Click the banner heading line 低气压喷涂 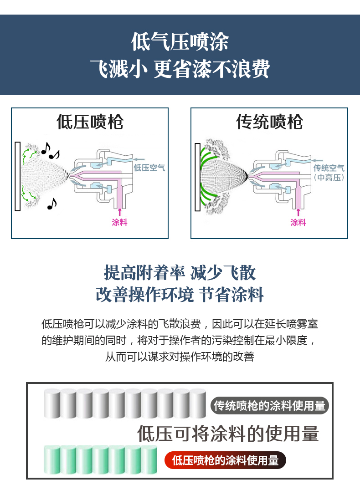(x=180, y=42)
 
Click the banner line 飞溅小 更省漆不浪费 (x=180, y=69)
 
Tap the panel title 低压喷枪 (x=90, y=122)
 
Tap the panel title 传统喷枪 (x=269, y=122)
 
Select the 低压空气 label (x=149, y=168)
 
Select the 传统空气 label (x=329, y=168)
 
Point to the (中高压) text (x=329, y=178)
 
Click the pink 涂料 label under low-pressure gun (x=120, y=222)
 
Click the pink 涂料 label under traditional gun (x=298, y=222)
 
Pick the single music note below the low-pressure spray (x=52, y=204)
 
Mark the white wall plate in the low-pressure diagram (x=18, y=176)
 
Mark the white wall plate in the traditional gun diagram (x=198, y=177)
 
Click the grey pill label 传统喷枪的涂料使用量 (x=270, y=406)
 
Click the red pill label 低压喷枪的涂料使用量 (x=225, y=460)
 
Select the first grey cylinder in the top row (x=52, y=404)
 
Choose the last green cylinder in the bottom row (x=149, y=459)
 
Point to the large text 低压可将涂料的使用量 (x=228, y=434)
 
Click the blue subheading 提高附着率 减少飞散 (x=180, y=273)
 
